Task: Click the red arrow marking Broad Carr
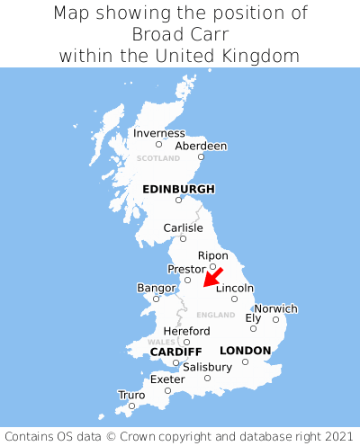coord(212,277)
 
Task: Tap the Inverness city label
coord(159,133)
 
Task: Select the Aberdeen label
coord(201,146)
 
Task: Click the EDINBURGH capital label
coord(178,189)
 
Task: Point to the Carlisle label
coord(183,227)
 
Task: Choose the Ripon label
coord(212,255)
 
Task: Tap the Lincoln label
coord(235,288)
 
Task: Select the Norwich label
coord(275,308)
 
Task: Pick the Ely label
coord(253,318)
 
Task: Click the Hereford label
coord(187,331)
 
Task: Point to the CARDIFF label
coord(175,351)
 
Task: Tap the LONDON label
coord(245,351)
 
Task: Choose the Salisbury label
coord(207,367)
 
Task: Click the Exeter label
coord(167,379)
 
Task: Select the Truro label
coord(131,395)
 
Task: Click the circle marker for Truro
coord(131,406)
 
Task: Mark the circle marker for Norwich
coord(275,319)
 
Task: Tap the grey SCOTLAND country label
coord(158,158)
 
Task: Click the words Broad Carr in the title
coord(180,34)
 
